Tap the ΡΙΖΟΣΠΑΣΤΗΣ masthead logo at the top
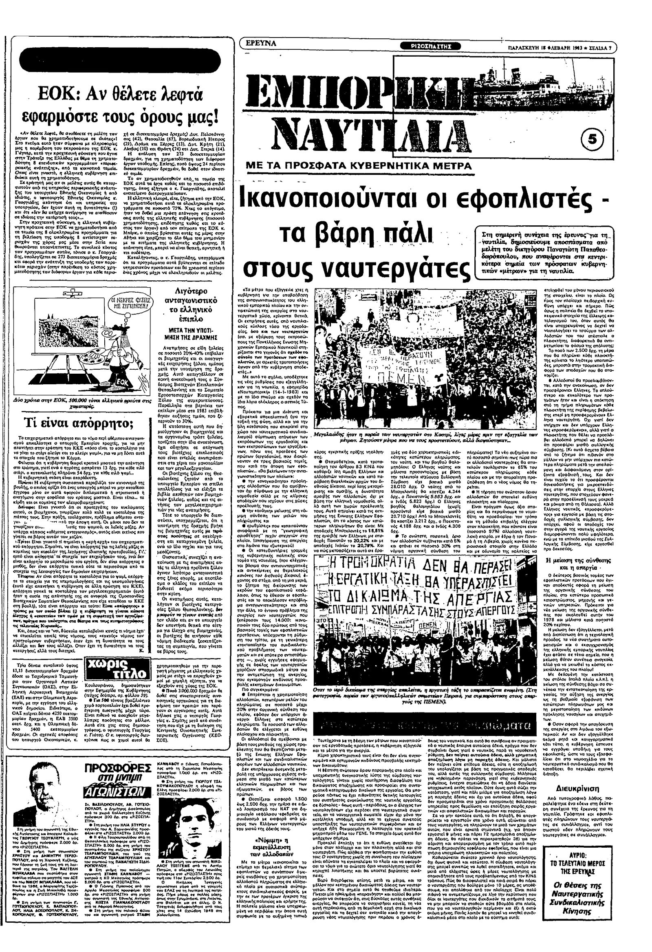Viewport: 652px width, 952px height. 432,46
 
